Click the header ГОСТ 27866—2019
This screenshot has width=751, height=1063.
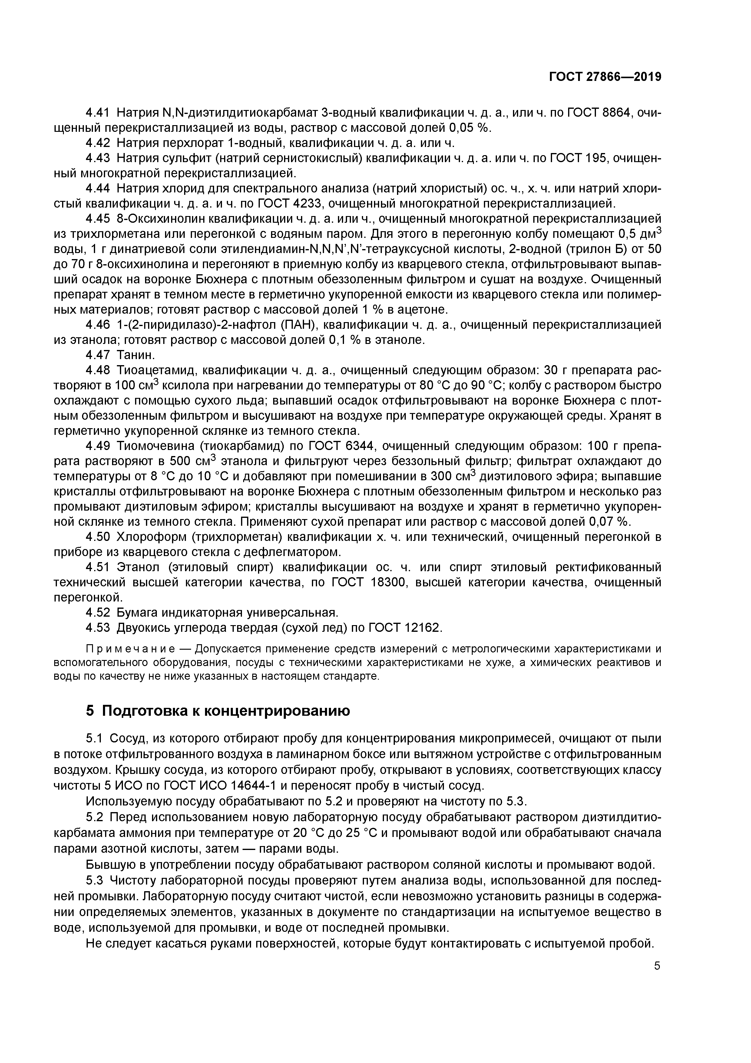[x=605, y=77]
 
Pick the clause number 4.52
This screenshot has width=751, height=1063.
[x=98, y=612]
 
